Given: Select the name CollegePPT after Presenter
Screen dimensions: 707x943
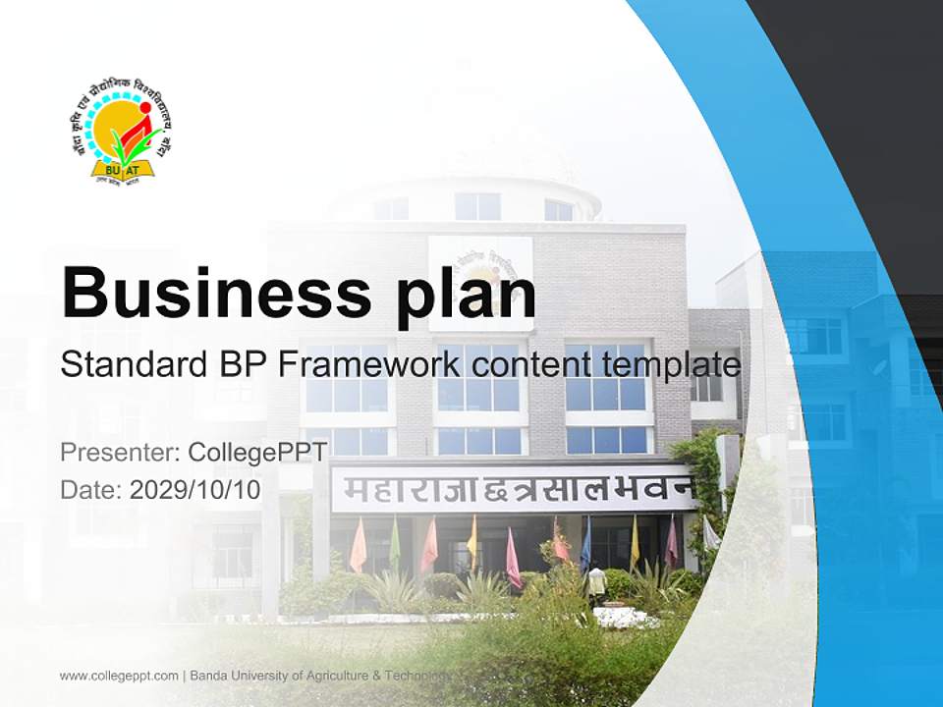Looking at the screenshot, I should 257,452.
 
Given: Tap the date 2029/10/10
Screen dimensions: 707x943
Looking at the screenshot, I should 195,489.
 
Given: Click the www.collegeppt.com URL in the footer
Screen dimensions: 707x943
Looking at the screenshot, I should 119,676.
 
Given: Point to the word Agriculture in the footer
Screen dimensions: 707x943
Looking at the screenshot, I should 332,676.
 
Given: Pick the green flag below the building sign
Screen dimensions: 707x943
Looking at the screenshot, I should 395,543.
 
